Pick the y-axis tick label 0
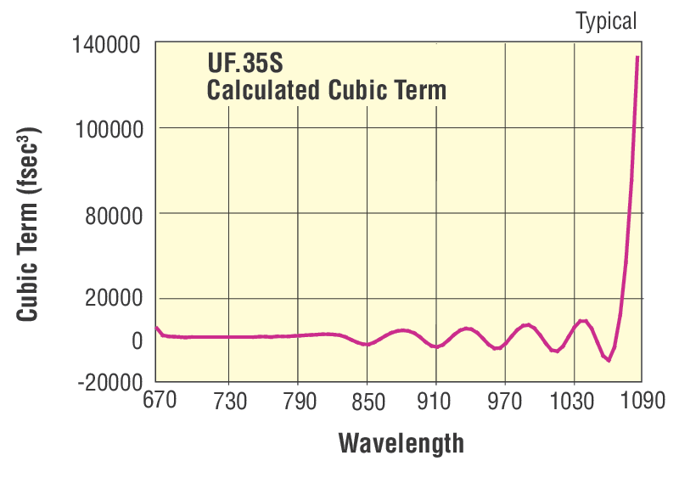(136, 340)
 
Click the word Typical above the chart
(606, 21)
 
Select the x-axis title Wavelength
(401, 442)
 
